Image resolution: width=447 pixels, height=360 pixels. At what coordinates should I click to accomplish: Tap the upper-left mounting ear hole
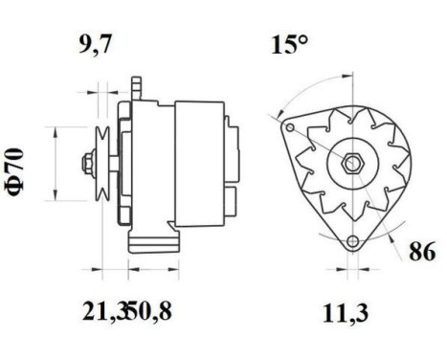click(x=285, y=123)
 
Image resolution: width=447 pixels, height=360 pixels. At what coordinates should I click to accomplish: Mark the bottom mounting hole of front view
click(x=354, y=240)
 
